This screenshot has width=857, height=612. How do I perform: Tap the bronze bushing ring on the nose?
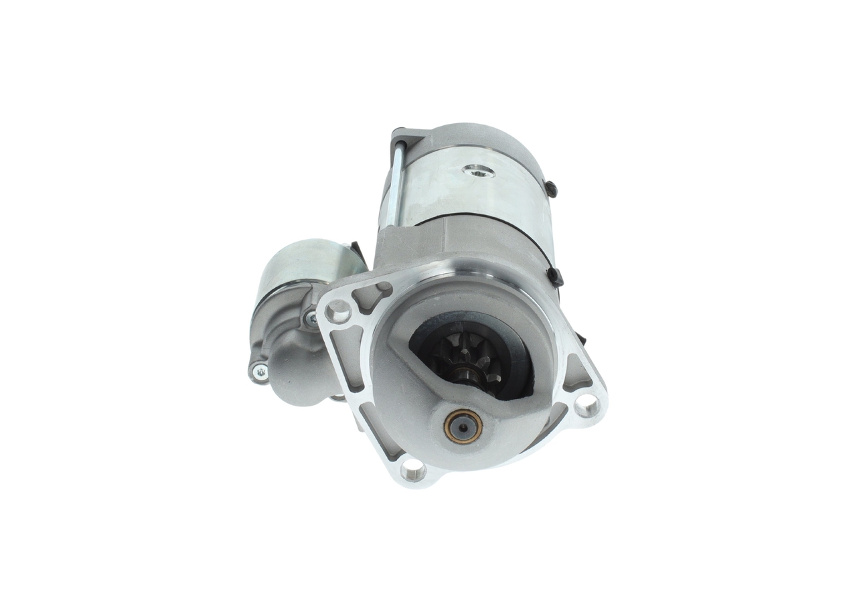[463, 425]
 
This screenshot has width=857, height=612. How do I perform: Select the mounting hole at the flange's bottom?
[413, 471]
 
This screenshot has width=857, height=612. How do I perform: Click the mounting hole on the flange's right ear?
[587, 404]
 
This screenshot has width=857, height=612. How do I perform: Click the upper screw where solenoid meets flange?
[311, 319]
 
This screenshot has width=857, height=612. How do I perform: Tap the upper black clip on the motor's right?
[550, 189]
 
